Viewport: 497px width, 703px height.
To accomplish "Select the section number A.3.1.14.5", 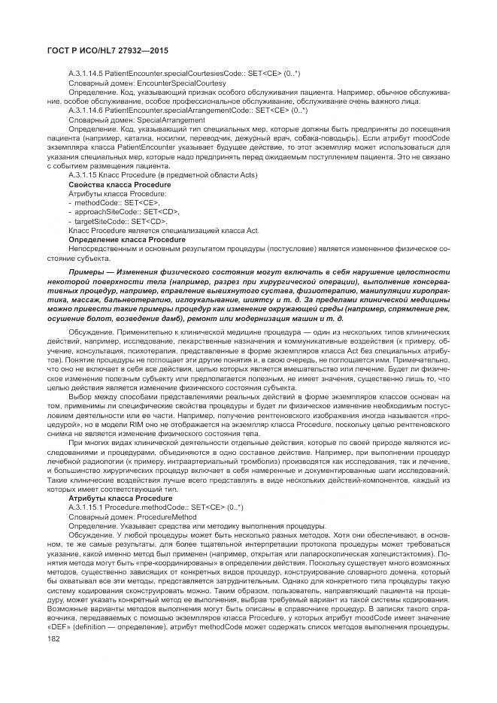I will coord(89,73).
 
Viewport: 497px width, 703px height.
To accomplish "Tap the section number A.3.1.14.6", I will coord(89,110).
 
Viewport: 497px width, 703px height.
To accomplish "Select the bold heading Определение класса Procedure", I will coord(126,239).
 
